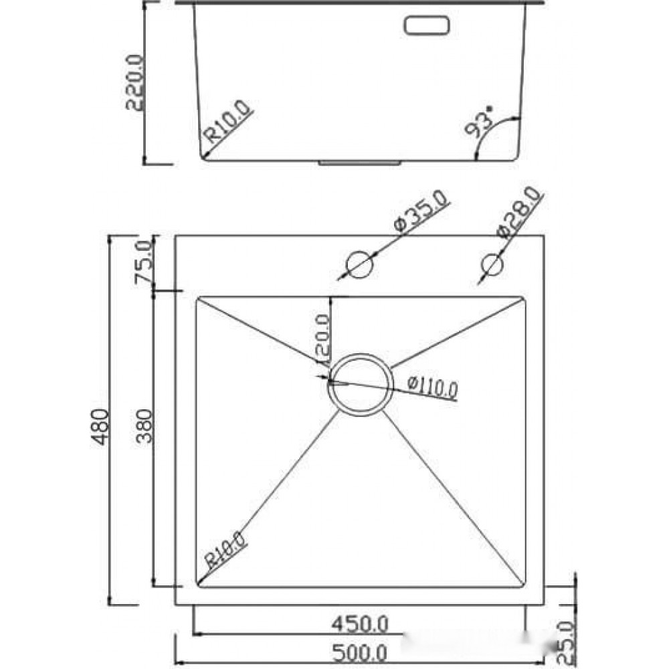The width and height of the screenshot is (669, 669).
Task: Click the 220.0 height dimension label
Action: pos(136,82)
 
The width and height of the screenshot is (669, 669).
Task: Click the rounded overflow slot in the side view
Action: pos(426,25)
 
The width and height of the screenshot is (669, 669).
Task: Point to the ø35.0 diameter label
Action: pos(421,211)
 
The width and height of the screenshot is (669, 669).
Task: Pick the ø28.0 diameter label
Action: pos(520,212)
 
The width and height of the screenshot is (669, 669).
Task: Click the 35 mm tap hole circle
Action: pos(359,264)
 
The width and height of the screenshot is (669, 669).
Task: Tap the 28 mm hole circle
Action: pos(492,264)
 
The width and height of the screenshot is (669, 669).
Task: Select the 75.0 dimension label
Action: pos(143,262)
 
